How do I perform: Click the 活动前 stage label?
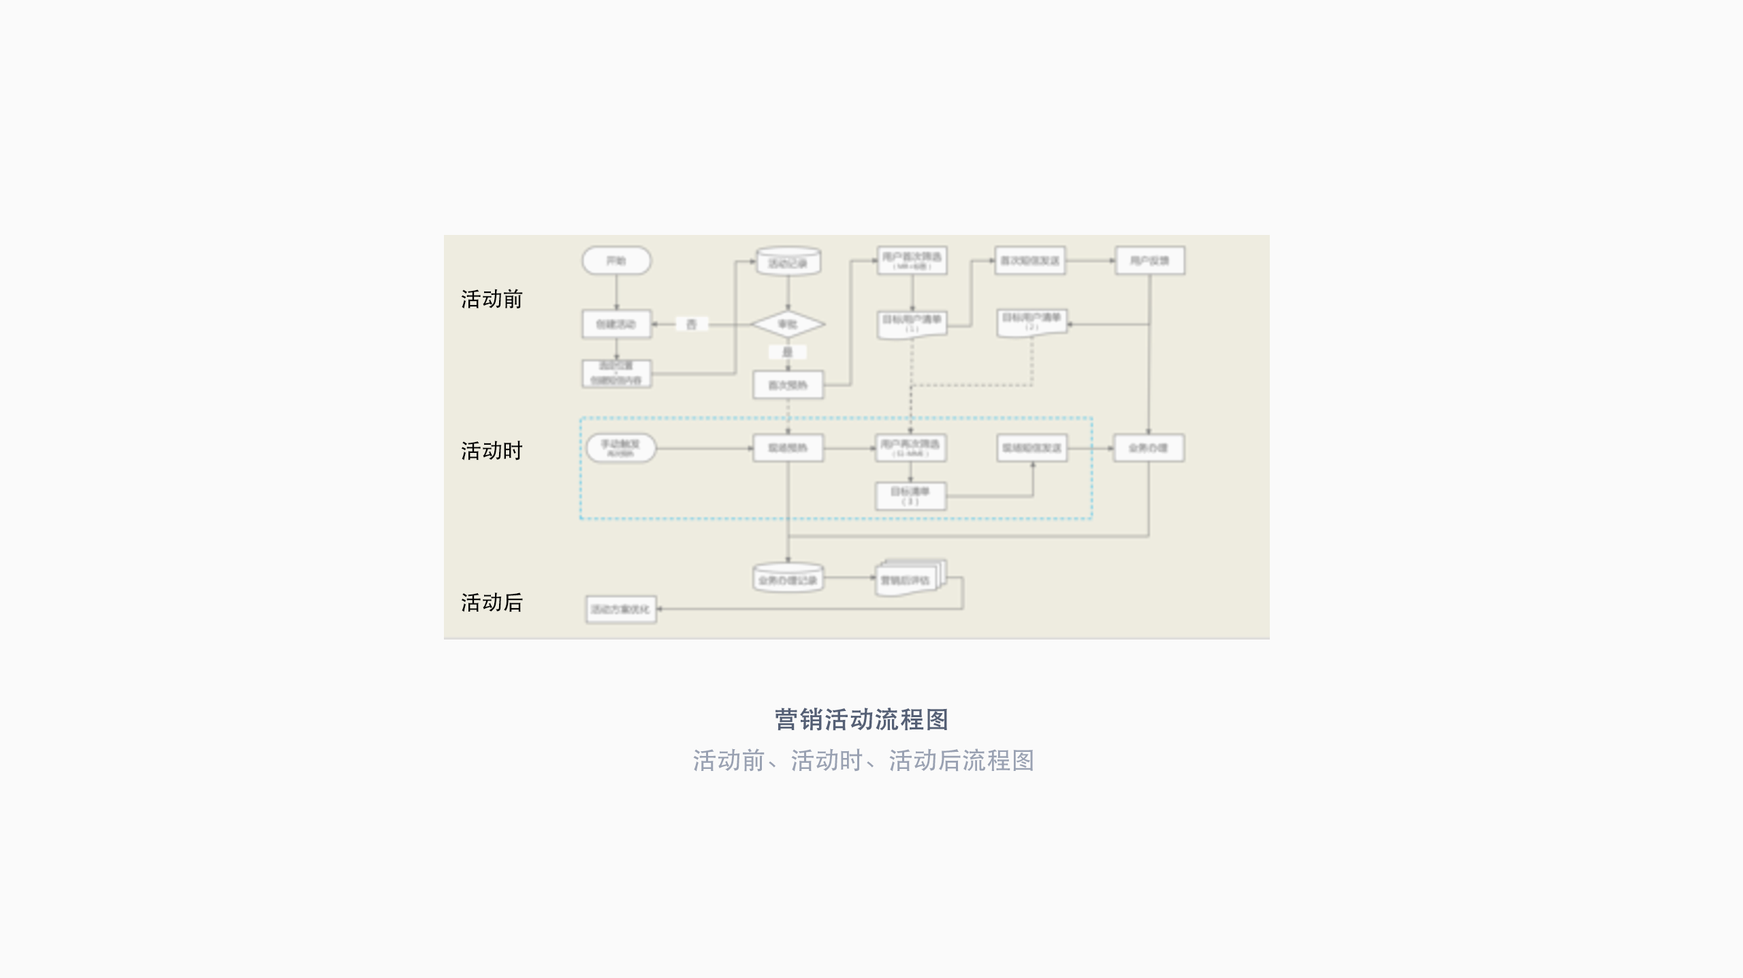pyautogui.click(x=491, y=299)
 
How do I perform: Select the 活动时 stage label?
pyautogui.click(x=491, y=451)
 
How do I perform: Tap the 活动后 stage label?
pyautogui.click(x=491, y=603)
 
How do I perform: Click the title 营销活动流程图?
pyautogui.click(x=861, y=719)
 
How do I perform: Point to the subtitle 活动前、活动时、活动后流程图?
pyautogui.click(x=863, y=761)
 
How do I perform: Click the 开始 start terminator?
pyautogui.click(x=616, y=261)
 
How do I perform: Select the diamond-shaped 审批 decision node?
pyautogui.click(x=788, y=324)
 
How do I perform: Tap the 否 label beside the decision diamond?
pyautogui.click(x=691, y=324)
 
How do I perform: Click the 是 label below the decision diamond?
pyautogui.click(x=788, y=352)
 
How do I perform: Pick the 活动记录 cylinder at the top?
pyautogui.click(x=788, y=262)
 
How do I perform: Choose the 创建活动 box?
pyautogui.click(x=616, y=324)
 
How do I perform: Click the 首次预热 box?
pyautogui.click(x=788, y=385)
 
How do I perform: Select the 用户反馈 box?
pyautogui.click(x=1149, y=261)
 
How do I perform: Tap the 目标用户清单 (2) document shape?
pyautogui.click(x=1032, y=322)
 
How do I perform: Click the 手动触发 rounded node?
pyautogui.click(x=620, y=447)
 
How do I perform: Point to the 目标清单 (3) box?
pyautogui.click(x=910, y=496)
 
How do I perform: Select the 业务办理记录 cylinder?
pyautogui.click(x=788, y=580)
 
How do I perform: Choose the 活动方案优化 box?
pyautogui.click(x=620, y=609)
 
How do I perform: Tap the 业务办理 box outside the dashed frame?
pyautogui.click(x=1149, y=447)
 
